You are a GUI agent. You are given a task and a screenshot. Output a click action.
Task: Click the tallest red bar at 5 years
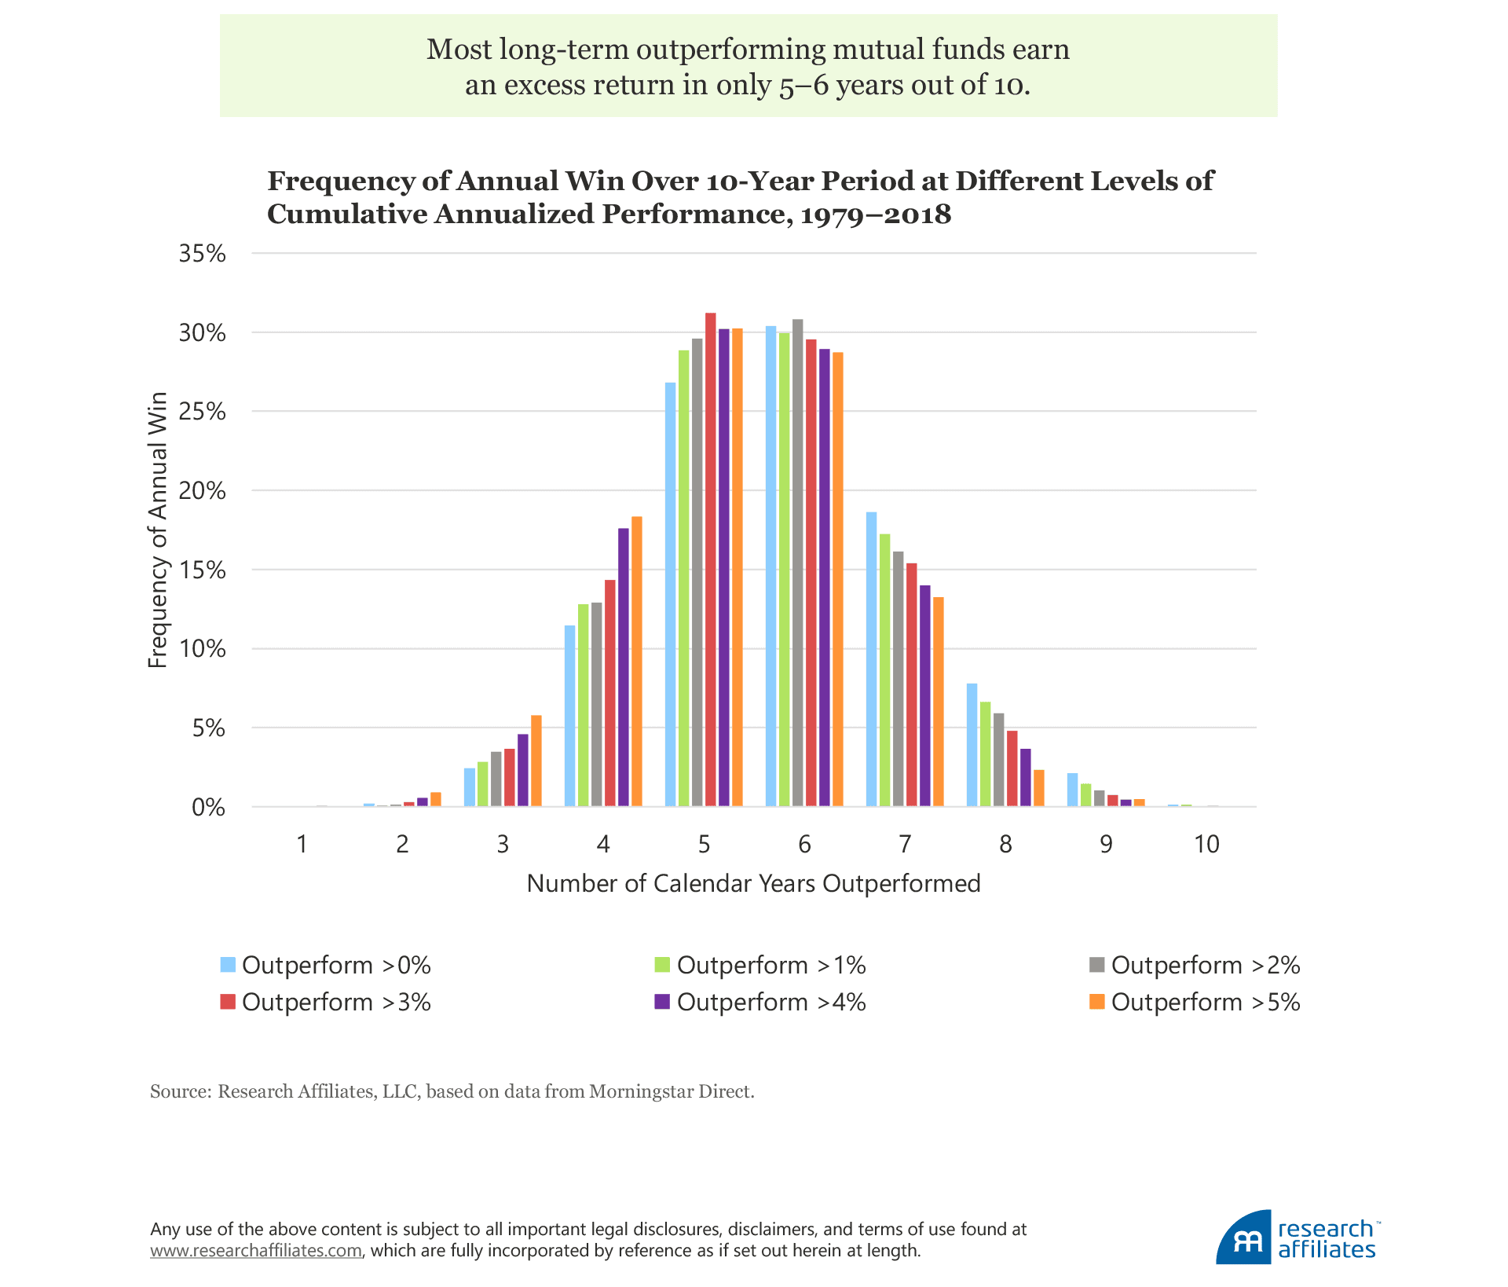pyautogui.click(x=710, y=559)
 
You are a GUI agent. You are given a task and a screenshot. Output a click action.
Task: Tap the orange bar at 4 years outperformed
pyautogui.click(x=637, y=661)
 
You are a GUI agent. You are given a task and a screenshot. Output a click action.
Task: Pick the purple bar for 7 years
pyautogui.click(x=924, y=695)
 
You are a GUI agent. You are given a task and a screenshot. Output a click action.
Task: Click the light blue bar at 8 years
pyautogui.click(x=972, y=745)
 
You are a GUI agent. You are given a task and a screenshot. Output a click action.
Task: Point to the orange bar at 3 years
pyautogui.click(x=536, y=761)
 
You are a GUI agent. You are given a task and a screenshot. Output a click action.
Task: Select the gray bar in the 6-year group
pyautogui.click(x=797, y=563)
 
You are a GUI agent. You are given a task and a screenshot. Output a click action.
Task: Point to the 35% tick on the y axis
pyautogui.click(x=202, y=254)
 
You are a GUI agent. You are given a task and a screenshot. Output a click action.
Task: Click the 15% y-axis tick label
pyautogui.click(x=202, y=570)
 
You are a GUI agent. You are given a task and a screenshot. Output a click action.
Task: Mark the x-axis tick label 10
pyautogui.click(x=1206, y=845)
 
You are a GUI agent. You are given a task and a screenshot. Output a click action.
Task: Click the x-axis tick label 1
pyautogui.click(x=302, y=845)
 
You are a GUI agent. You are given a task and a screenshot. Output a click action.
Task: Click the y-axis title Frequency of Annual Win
pyautogui.click(x=158, y=530)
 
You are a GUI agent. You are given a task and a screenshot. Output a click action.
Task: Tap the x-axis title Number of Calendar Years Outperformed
pyautogui.click(x=753, y=884)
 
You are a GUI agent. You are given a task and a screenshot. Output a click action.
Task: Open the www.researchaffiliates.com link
pyautogui.click(x=256, y=1251)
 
